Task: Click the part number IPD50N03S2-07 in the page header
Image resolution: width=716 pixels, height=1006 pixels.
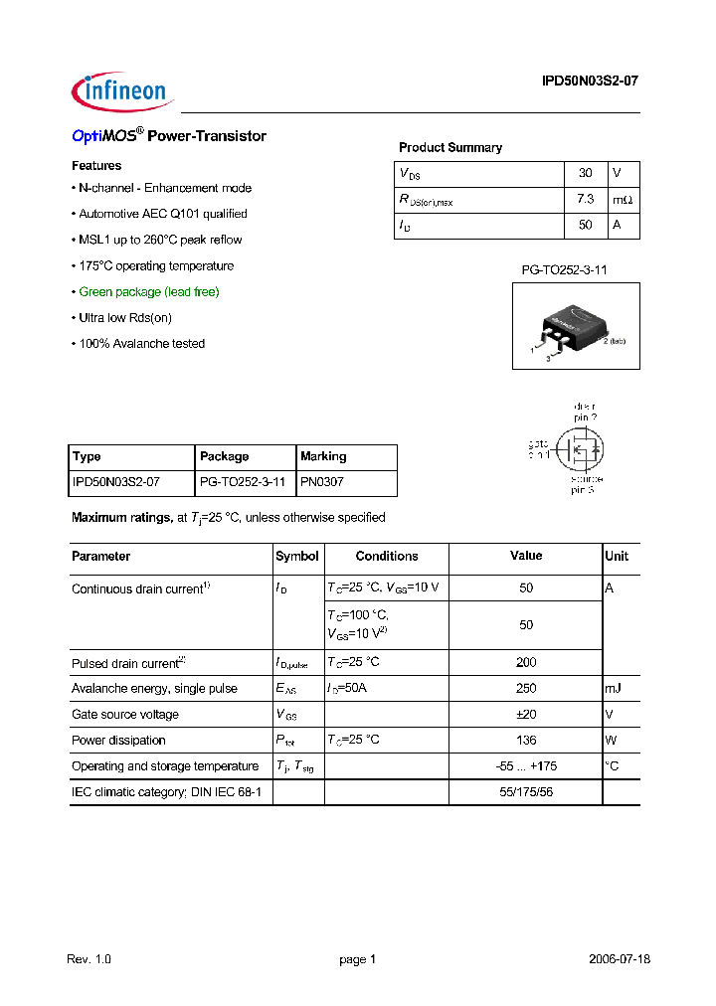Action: point(583,84)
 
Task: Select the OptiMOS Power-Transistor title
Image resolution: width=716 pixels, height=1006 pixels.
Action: point(169,136)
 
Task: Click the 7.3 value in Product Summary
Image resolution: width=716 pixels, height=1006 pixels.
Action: point(585,200)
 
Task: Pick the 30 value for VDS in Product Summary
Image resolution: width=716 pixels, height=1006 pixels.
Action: point(585,173)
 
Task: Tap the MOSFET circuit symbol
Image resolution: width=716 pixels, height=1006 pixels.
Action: point(577,448)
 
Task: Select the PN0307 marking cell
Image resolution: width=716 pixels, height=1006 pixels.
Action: point(323,482)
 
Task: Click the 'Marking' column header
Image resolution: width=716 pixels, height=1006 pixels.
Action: point(323,456)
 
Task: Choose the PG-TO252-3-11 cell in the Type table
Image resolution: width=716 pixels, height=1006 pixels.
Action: point(243,482)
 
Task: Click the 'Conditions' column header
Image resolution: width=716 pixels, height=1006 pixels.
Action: point(387,557)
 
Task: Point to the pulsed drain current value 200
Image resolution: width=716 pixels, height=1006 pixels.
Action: point(526,662)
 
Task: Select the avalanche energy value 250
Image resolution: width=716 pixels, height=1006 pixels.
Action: point(526,688)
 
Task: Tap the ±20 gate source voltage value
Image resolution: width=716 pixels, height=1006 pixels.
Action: point(526,714)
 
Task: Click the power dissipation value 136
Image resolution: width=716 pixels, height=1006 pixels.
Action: point(526,740)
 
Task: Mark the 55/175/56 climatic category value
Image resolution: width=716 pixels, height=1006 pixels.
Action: point(526,791)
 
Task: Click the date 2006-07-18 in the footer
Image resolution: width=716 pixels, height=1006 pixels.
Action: point(619,959)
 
